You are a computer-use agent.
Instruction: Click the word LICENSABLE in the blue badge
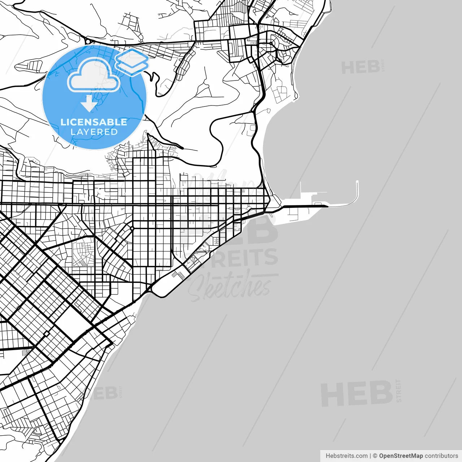tap(94, 122)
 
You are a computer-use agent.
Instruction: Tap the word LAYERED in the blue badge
tap(94, 132)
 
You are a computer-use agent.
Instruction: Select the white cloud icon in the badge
tap(94, 75)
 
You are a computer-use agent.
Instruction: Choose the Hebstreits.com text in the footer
tap(346, 456)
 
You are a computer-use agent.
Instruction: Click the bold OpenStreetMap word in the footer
tap(401, 456)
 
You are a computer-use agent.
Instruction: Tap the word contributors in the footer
tap(441, 456)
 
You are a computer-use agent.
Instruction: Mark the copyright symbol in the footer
tap(375, 456)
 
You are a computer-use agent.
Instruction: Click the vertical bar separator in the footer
tap(370, 456)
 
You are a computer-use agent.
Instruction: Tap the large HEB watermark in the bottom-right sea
tap(357, 393)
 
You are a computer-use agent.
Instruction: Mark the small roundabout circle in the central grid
tap(132, 228)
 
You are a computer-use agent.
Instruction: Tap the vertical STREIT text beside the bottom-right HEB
tap(398, 391)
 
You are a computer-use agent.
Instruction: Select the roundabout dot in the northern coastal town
tap(270, 43)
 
